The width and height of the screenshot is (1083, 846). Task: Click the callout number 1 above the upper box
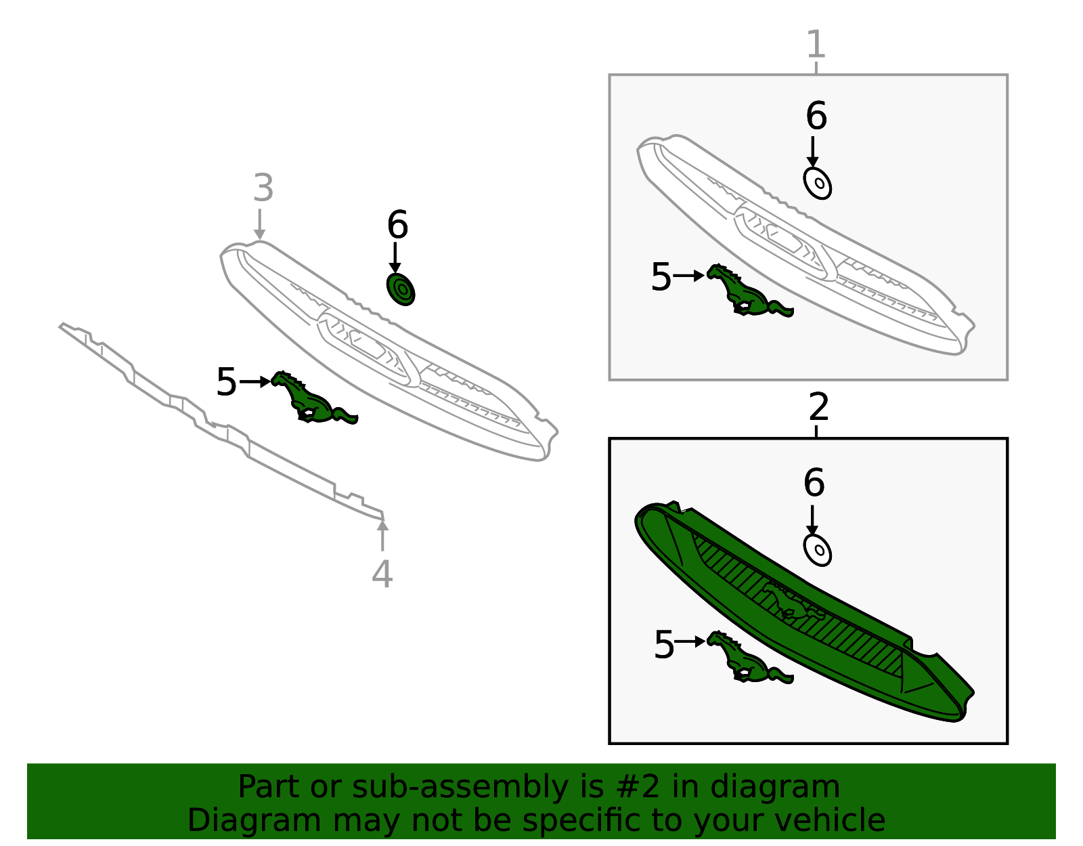tap(816, 44)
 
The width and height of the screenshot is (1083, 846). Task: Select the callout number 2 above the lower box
tap(819, 406)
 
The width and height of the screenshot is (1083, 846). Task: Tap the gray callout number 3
tap(263, 188)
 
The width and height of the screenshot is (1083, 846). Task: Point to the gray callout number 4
tap(382, 574)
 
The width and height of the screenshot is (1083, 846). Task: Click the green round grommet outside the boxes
tap(401, 289)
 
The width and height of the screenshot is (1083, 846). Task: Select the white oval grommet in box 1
tap(818, 183)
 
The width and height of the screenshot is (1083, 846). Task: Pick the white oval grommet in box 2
tap(818, 550)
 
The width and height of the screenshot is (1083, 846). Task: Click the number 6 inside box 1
tap(816, 116)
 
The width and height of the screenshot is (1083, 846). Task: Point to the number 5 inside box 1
tap(661, 277)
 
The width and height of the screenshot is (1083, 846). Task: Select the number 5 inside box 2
tap(664, 645)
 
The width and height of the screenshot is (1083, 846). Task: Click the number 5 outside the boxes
tap(226, 383)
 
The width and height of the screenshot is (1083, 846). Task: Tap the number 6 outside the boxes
tap(398, 224)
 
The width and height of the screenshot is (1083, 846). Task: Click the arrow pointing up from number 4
tap(382, 535)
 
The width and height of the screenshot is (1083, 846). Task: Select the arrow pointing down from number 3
tap(260, 224)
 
